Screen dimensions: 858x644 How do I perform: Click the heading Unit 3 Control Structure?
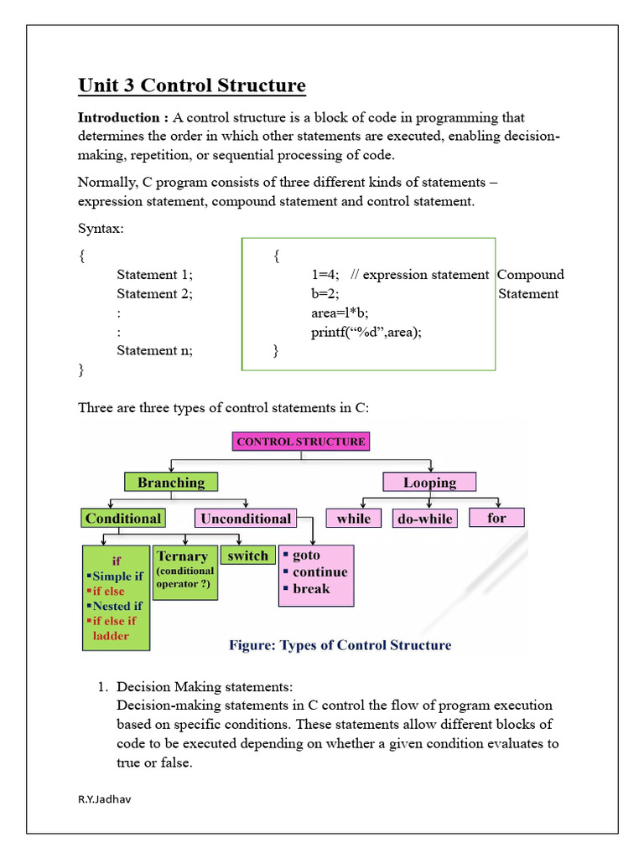[x=192, y=85]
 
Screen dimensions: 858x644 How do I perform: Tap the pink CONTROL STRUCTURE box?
[x=301, y=442]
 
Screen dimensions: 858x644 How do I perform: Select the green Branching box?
[x=171, y=482]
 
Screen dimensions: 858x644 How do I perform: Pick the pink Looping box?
[x=429, y=482]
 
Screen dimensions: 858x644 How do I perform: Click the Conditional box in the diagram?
[x=123, y=519]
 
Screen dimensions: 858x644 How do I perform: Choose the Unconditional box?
[x=245, y=519]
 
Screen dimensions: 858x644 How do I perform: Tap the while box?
[x=353, y=519]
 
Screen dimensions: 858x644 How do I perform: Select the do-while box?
[x=424, y=519]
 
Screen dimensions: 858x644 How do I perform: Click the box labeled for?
[x=496, y=518]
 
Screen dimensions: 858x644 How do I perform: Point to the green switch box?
[x=247, y=556]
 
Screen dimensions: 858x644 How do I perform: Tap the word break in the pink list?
[x=311, y=588]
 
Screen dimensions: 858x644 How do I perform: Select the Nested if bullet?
[x=117, y=606]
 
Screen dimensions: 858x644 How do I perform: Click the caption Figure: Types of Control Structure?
[x=340, y=645]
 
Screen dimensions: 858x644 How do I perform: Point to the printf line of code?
[x=366, y=332]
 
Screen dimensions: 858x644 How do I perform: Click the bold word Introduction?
[x=119, y=117]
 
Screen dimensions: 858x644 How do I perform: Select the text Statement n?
[x=154, y=350]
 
